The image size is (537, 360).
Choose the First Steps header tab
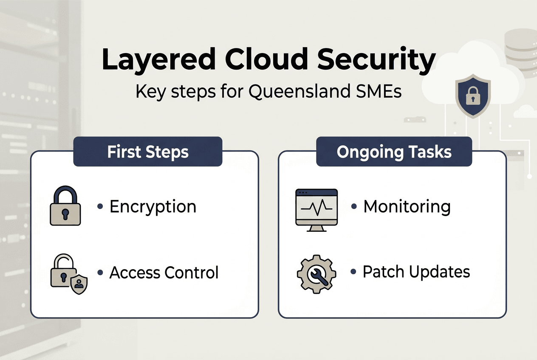click(148, 152)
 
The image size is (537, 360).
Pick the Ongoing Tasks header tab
click(394, 152)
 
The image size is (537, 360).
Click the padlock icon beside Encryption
click(65, 207)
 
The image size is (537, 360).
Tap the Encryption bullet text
click(153, 207)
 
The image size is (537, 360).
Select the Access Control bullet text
click(164, 273)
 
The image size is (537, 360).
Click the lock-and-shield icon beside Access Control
click(68, 274)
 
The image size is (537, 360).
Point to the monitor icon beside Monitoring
click(316, 209)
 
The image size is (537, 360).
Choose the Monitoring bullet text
click(407, 207)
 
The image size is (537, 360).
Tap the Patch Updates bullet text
click(416, 272)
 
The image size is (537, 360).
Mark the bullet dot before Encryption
click(100, 207)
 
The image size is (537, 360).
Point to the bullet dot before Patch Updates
click(353, 272)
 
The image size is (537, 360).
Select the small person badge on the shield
click(79, 284)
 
